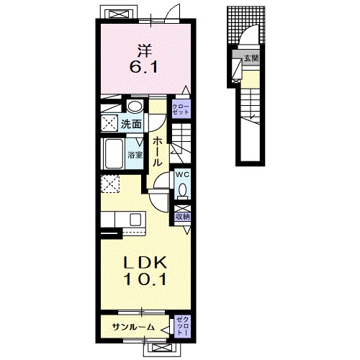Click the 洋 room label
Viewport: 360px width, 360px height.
(x=145, y=51)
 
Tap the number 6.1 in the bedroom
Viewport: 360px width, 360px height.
(x=144, y=67)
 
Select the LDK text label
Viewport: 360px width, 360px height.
(x=145, y=263)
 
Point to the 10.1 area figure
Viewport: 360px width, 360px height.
(x=145, y=279)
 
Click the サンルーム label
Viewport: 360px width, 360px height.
(x=133, y=327)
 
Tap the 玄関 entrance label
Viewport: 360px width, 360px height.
(x=251, y=58)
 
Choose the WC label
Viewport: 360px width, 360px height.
(x=182, y=174)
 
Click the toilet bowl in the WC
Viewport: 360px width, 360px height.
(x=183, y=189)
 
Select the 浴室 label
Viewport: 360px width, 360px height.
(x=135, y=155)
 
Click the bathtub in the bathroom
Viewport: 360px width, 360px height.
(x=114, y=154)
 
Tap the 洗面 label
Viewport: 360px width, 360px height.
(x=131, y=124)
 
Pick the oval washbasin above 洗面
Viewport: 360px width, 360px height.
(x=135, y=107)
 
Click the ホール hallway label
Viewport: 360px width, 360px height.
(x=157, y=152)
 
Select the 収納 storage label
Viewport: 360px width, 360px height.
(x=183, y=217)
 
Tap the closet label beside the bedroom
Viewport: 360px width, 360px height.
(x=181, y=109)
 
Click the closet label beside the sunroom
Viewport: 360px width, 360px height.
(x=182, y=326)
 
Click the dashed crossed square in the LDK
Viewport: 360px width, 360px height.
(x=110, y=184)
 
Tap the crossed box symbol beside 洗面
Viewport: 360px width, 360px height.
(x=109, y=123)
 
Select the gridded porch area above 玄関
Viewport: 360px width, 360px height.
(x=246, y=25)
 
